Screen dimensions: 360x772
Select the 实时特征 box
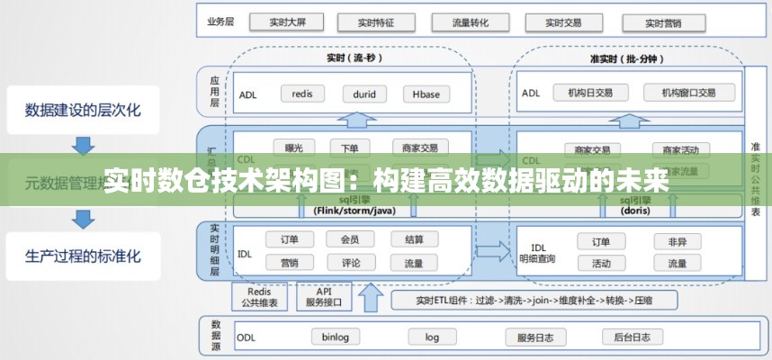point(369,22)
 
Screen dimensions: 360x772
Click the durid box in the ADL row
point(364,93)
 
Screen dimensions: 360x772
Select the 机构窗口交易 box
point(688,93)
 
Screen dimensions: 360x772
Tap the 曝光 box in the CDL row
point(293,148)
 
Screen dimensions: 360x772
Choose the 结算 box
point(414,239)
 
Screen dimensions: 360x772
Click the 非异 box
point(677,241)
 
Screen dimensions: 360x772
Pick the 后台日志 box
point(632,337)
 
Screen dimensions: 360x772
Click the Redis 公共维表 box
point(259,297)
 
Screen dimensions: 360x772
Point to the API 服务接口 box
point(322,297)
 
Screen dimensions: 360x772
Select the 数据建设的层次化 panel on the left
point(83,111)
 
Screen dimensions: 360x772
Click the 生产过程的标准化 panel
point(83,255)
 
